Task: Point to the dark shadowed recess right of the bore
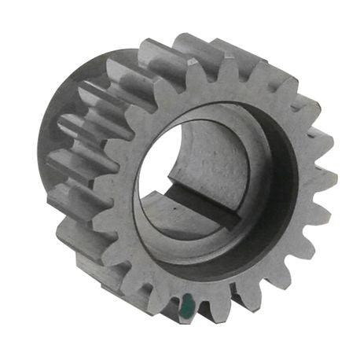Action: [275, 181]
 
